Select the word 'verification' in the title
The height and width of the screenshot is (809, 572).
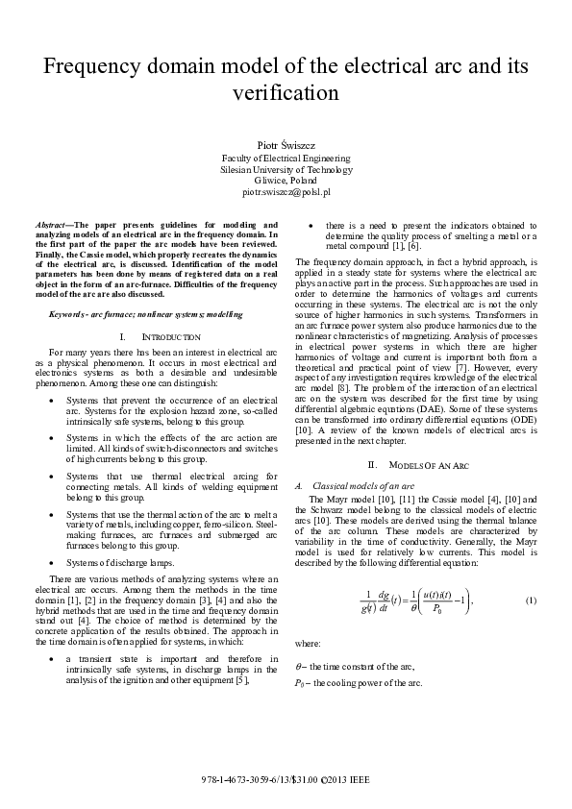pyautogui.click(x=286, y=93)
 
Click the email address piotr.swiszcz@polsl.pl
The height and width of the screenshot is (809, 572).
pyautogui.click(x=286, y=192)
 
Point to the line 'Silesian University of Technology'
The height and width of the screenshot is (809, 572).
pyautogui.click(x=286, y=168)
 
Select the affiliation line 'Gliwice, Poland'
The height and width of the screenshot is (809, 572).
pyautogui.click(x=286, y=180)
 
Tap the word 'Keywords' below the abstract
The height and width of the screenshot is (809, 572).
pyautogui.click(x=68, y=314)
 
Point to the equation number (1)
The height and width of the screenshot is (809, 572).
pyautogui.click(x=530, y=626)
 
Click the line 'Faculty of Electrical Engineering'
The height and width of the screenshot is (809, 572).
pyautogui.click(x=286, y=157)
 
